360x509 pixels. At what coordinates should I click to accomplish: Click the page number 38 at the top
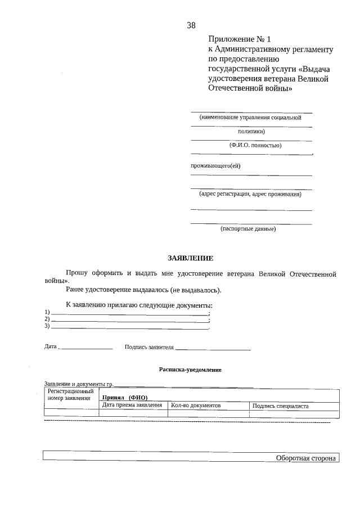coord(191,25)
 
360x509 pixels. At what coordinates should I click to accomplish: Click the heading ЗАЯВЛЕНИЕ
coord(191,258)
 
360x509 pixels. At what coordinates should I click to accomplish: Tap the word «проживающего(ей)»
coord(214,165)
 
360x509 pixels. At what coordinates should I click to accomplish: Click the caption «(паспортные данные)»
coord(247,229)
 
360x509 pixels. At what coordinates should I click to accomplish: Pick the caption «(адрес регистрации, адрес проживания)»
coord(250,194)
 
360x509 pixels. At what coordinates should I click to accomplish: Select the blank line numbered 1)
coord(129,313)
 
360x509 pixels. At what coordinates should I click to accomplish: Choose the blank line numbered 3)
coord(129,327)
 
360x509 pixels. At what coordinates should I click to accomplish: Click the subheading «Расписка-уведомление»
coord(190,370)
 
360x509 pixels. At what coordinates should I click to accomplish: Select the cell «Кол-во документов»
coord(196,405)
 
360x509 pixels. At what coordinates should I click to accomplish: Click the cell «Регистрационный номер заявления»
coord(71,394)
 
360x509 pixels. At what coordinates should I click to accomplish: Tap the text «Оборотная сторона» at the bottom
coord(305,458)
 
